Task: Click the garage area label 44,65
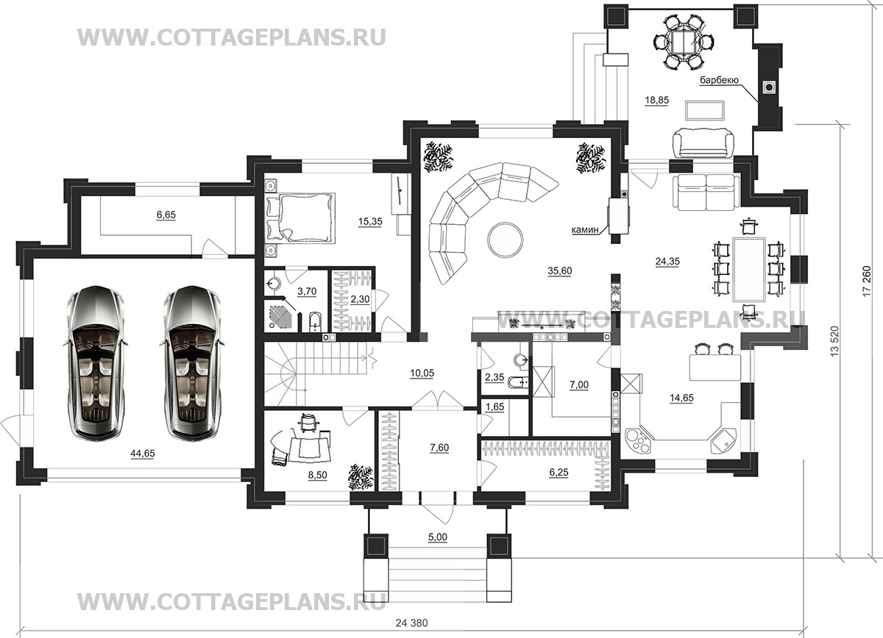(143, 454)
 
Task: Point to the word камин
(586, 229)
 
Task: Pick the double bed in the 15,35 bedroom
(300, 218)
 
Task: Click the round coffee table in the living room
(506, 240)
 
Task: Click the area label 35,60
(560, 270)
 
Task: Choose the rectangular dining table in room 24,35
(749, 269)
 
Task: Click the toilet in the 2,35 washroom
(517, 382)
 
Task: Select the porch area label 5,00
(438, 537)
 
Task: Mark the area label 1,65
(494, 406)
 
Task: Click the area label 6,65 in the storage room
(166, 215)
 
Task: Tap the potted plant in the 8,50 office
(361, 478)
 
